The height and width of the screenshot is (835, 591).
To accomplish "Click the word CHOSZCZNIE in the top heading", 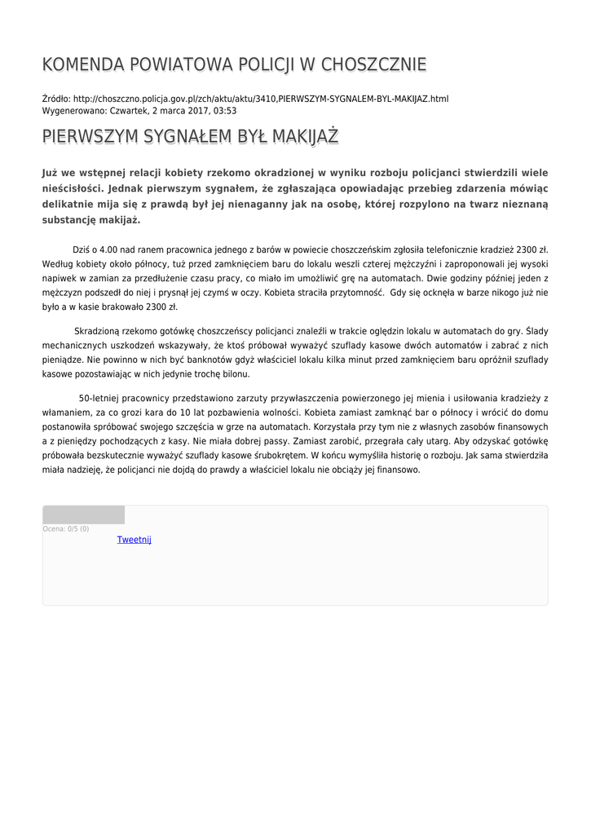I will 374,65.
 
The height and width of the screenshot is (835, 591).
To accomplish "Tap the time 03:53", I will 225,110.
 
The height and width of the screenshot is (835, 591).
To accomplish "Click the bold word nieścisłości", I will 71,188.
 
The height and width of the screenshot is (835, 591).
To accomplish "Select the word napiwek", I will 60,278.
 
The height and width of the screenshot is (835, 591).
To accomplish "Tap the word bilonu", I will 235,374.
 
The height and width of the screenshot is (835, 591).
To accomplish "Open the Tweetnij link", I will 135,540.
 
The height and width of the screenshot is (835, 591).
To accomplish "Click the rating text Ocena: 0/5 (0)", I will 66,529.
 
